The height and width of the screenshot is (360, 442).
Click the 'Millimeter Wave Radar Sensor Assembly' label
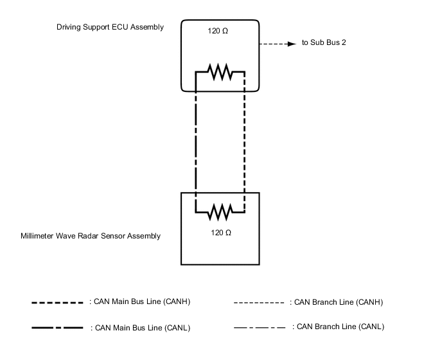click(91, 236)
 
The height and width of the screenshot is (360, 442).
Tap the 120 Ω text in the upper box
click(219, 32)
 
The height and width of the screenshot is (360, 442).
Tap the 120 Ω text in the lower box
click(220, 232)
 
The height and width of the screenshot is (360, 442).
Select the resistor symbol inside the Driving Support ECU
click(220, 73)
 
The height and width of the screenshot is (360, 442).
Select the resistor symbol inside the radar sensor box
click(220, 210)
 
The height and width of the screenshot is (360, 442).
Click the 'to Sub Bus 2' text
click(324, 44)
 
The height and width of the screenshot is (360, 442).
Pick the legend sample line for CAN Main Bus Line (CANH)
click(58, 302)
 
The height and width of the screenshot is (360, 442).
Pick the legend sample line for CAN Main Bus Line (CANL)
click(58, 328)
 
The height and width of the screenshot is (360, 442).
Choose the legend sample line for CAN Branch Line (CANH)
click(259, 302)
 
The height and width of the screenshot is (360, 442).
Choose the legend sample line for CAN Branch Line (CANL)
click(259, 327)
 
